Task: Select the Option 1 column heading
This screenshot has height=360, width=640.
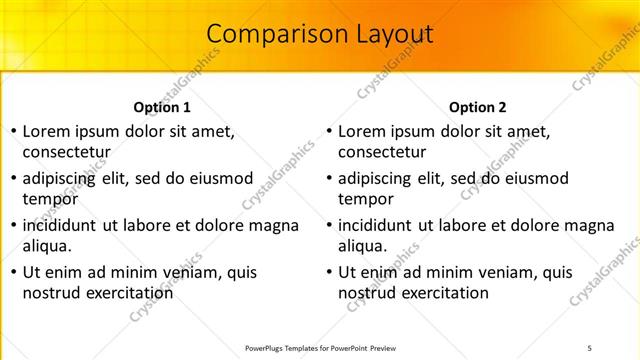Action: [x=162, y=107]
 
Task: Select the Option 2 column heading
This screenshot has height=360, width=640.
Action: [x=478, y=107]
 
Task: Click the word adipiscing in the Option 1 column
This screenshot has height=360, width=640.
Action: [x=63, y=179]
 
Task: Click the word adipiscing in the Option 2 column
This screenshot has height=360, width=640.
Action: [x=379, y=179]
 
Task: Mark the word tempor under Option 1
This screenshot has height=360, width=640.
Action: [x=49, y=198]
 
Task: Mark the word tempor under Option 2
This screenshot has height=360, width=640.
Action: [x=365, y=198]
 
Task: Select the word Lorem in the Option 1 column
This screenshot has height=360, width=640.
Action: [x=44, y=132]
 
